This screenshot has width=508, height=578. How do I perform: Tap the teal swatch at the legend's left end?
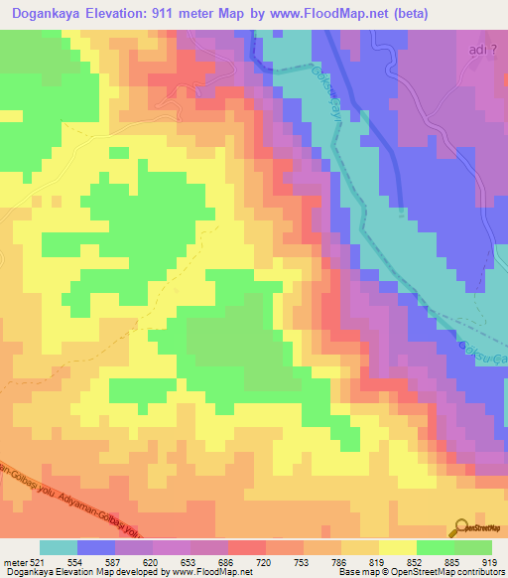point(59,547)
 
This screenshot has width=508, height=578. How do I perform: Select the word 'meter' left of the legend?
point(14,561)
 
